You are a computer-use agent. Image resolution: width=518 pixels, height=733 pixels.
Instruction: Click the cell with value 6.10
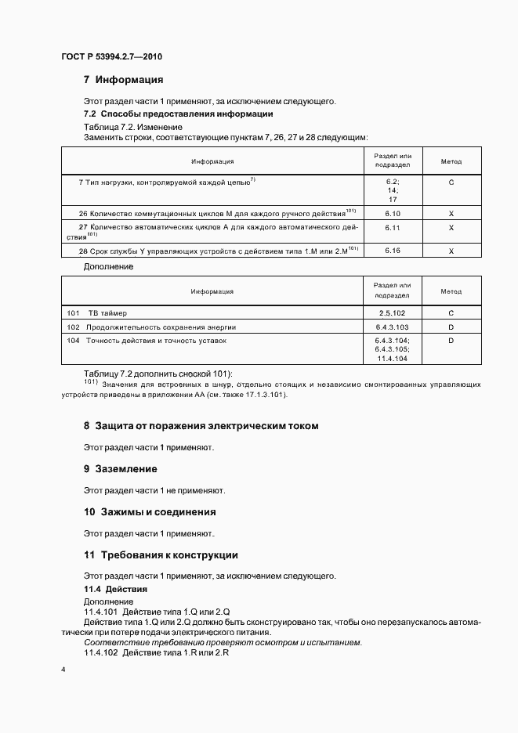(393, 212)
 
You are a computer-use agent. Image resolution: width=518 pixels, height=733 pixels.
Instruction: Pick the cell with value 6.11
(393, 227)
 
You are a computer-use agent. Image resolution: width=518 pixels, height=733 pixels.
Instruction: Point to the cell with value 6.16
(393, 250)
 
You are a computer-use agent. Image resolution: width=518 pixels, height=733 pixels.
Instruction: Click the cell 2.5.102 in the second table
(393, 312)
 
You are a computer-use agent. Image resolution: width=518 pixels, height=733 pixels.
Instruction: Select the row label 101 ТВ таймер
(101, 312)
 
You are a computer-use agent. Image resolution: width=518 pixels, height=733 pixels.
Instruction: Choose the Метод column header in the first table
(451, 161)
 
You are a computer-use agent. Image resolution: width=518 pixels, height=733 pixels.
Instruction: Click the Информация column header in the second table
(212, 291)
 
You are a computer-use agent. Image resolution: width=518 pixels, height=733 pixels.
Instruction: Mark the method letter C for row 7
(451, 182)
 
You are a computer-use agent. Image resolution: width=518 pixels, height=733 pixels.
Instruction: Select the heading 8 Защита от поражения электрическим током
(201, 426)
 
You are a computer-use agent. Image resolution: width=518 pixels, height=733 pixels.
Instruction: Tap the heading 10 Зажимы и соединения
(150, 512)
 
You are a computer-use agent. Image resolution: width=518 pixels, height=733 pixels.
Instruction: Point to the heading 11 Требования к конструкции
(161, 555)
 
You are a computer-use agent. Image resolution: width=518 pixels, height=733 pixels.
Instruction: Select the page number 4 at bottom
(63, 670)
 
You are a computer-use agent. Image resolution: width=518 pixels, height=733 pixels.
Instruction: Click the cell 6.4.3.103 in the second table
(393, 327)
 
